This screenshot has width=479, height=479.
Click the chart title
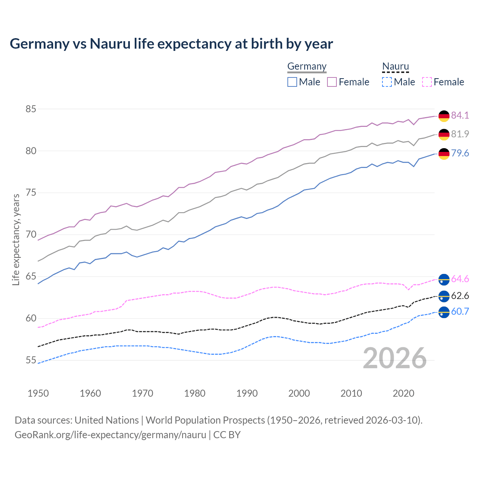click(171, 44)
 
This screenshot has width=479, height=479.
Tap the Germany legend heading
click(307, 66)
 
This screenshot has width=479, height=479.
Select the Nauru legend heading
click(396, 66)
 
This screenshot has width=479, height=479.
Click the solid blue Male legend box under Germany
click(292, 82)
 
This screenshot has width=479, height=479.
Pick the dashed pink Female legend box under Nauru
click(427, 82)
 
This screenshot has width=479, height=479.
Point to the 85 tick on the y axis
click(31, 109)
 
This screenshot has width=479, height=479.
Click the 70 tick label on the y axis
click(31, 235)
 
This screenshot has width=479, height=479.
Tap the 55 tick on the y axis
click(31, 360)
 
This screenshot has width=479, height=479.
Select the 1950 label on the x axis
click(38, 393)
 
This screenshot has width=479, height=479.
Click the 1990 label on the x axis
click(247, 393)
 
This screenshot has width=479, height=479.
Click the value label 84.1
click(460, 115)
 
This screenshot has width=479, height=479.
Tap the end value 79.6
click(460, 153)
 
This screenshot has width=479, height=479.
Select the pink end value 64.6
click(460, 279)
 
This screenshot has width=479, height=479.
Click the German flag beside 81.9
click(444, 134)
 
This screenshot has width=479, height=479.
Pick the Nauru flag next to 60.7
click(444, 312)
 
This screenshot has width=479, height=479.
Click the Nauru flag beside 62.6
click(444, 296)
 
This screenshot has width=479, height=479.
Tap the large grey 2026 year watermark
click(395, 358)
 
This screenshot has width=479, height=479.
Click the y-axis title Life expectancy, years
click(16, 239)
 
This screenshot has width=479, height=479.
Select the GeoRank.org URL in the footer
click(110, 435)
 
